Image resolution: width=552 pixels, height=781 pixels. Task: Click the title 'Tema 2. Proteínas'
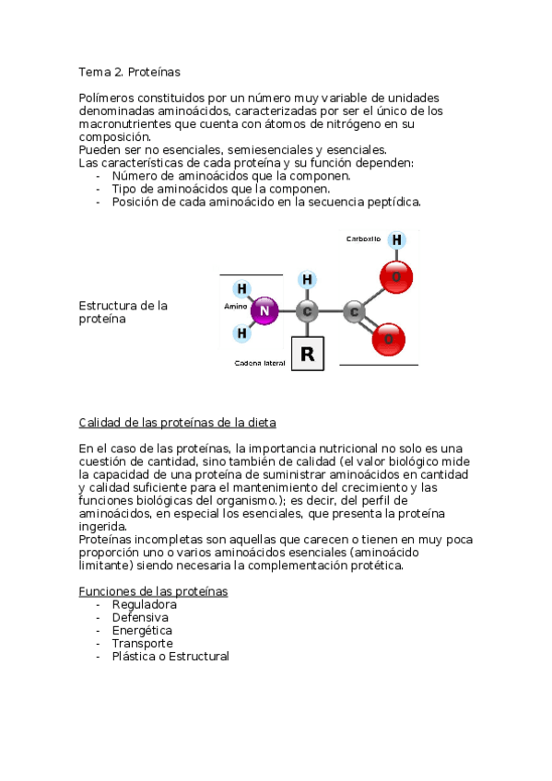[x=129, y=71]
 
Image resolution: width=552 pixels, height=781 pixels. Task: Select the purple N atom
[x=264, y=311]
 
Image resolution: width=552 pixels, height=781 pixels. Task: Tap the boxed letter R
[x=308, y=354]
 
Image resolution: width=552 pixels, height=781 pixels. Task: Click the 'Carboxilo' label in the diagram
[x=363, y=239]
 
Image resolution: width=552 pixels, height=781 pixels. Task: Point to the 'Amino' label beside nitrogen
[x=235, y=306]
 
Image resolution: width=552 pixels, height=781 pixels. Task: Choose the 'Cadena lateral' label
[x=260, y=364]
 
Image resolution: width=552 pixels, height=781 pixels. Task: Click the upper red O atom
[x=396, y=276]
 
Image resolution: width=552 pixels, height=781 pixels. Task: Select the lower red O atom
[x=388, y=339]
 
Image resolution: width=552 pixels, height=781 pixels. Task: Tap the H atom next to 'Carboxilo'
[x=396, y=240]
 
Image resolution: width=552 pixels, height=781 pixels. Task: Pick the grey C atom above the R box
[x=309, y=311]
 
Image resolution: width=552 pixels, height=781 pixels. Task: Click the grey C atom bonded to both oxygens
[x=354, y=312]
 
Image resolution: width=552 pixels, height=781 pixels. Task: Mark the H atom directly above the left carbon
[x=308, y=279]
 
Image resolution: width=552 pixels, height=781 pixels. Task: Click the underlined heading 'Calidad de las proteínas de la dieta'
[x=178, y=423]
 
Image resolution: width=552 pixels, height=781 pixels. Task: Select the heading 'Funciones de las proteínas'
[x=153, y=591]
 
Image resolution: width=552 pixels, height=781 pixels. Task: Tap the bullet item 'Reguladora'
[x=144, y=604]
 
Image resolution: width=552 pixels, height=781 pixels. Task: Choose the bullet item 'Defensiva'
[x=140, y=617]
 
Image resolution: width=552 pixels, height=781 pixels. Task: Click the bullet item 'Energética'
[x=142, y=630]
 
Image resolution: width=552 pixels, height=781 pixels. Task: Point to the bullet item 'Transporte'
[x=142, y=643]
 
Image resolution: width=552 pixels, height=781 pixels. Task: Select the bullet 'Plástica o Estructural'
[x=170, y=656]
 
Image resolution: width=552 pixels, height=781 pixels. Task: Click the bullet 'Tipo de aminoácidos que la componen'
[x=220, y=189]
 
